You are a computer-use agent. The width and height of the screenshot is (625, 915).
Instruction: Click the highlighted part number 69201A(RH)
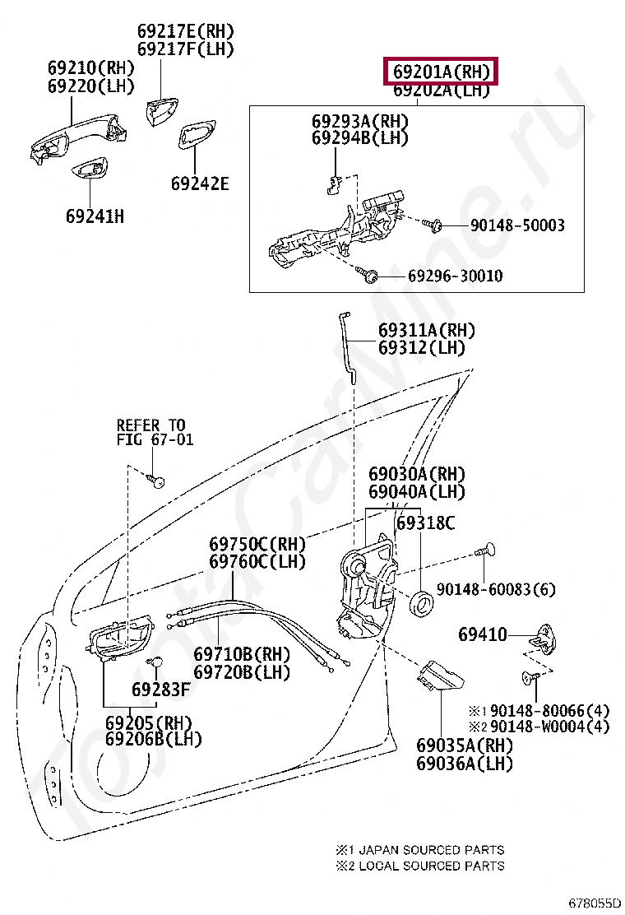(x=441, y=72)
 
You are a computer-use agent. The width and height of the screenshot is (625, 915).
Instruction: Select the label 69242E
(x=200, y=183)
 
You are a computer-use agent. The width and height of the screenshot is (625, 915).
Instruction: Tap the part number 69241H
(x=95, y=216)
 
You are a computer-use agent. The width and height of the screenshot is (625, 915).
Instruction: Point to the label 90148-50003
(x=518, y=225)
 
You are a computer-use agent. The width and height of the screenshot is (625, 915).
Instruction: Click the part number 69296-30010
(x=456, y=276)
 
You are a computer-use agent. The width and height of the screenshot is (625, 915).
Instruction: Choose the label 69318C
(x=426, y=523)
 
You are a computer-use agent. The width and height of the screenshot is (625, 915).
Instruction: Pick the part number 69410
(x=483, y=634)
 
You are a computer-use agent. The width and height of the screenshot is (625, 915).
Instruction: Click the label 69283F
(x=161, y=690)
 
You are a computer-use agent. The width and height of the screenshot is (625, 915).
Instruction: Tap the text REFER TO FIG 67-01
(x=155, y=432)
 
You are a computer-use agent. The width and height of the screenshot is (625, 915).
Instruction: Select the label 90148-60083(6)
(x=496, y=589)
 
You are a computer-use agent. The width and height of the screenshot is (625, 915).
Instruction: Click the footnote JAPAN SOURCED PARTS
(x=432, y=850)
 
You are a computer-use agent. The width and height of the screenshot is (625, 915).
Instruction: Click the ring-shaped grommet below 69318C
(x=422, y=604)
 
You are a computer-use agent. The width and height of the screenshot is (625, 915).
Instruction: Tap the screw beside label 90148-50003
(x=432, y=225)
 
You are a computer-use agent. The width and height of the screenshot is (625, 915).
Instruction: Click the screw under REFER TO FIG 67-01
(x=155, y=481)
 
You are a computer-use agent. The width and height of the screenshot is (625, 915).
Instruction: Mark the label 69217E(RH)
(x=185, y=31)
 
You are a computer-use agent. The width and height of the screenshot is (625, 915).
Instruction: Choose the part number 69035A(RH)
(x=465, y=745)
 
